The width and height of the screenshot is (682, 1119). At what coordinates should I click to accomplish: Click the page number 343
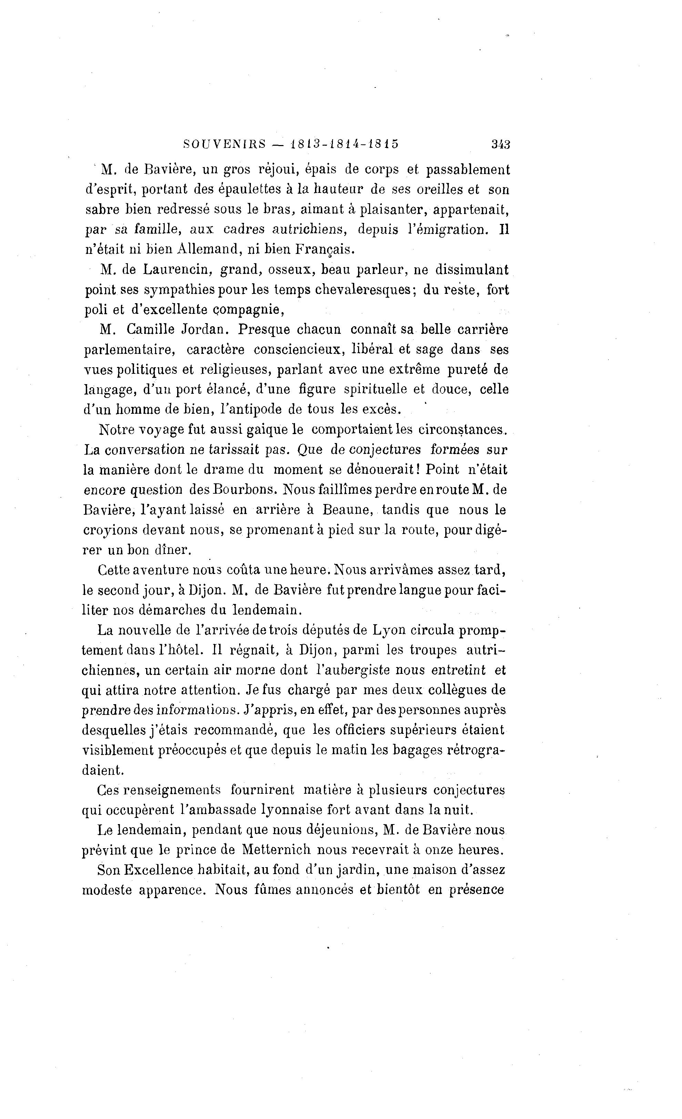[x=501, y=144]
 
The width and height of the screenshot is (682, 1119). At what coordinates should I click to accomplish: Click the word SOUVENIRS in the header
[x=224, y=144]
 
